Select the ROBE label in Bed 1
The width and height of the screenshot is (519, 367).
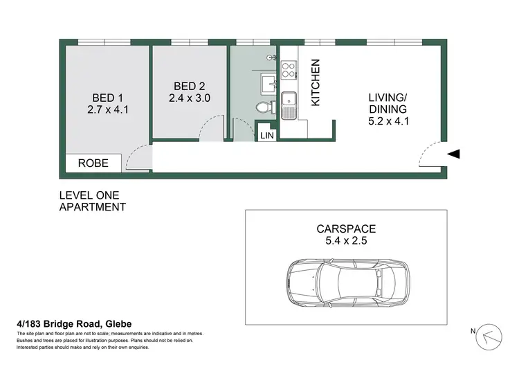tap(93, 163)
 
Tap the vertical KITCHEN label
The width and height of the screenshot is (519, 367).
tap(316, 82)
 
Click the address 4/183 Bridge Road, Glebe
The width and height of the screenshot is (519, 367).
tap(74, 323)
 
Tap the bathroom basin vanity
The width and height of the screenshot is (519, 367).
tap(267, 84)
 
